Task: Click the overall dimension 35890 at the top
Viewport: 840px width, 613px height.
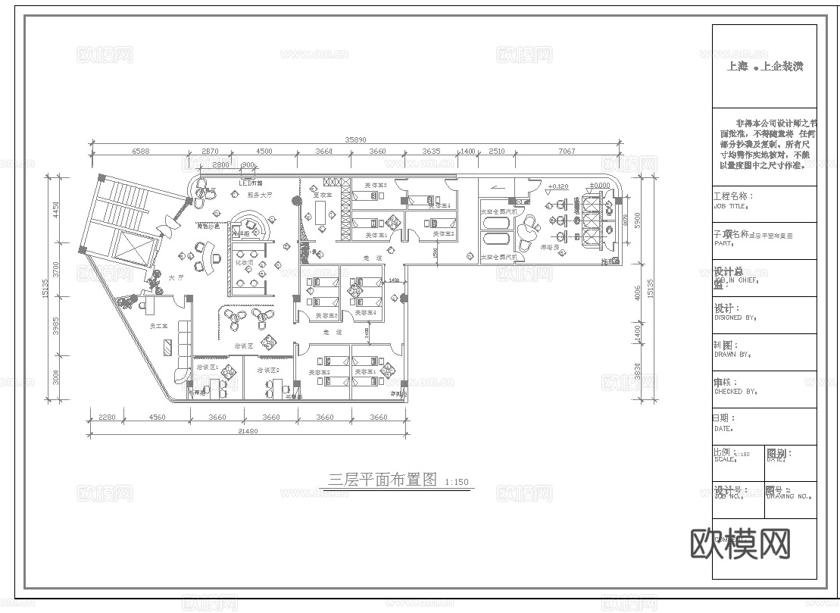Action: tap(356, 139)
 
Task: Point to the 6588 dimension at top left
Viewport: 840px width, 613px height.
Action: tap(141, 152)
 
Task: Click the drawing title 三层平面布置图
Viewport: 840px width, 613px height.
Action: tap(383, 480)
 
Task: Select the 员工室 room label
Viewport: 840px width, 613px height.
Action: tap(158, 326)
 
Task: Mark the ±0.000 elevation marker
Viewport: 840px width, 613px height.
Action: tap(600, 186)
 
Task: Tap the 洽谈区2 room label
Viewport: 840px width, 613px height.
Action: tap(268, 370)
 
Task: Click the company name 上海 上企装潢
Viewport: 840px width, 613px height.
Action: tap(764, 67)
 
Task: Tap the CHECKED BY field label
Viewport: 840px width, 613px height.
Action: tap(735, 392)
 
